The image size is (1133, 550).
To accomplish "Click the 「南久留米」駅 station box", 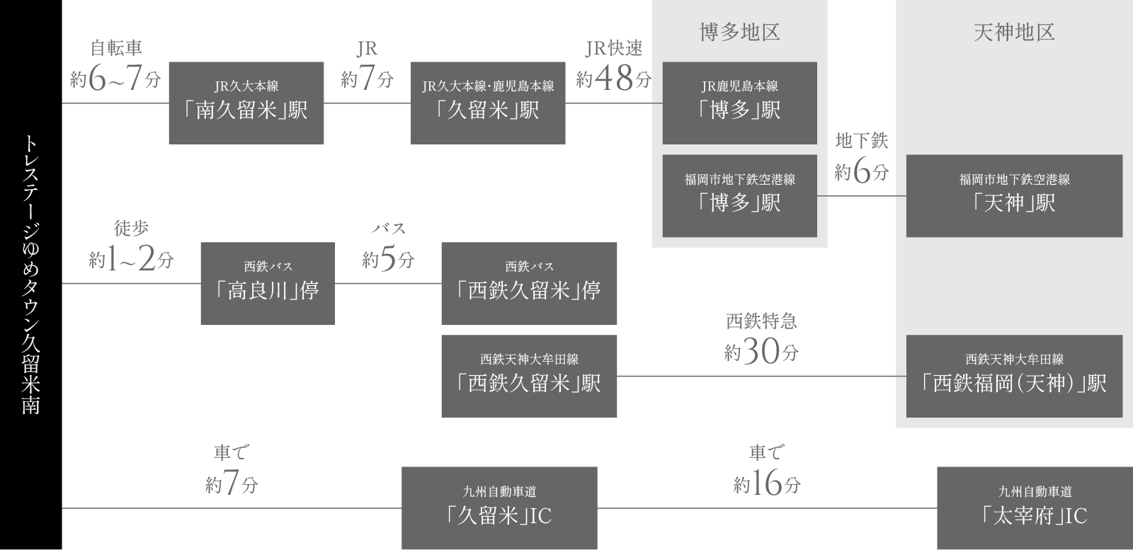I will [x=246, y=103].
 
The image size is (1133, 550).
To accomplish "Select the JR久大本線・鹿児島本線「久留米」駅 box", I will [x=488, y=103].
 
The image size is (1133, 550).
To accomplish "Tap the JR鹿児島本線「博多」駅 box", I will [x=739, y=103].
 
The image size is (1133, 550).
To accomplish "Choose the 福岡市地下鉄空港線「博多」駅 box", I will [x=739, y=196].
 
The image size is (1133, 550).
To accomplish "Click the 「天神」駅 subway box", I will [x=1014, y=196].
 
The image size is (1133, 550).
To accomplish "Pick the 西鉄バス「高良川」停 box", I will [x=267, y=284].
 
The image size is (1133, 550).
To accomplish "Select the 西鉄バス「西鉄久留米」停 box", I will [x=528, y=284].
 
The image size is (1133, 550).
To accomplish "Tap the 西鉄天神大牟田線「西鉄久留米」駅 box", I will [x=528, y=376].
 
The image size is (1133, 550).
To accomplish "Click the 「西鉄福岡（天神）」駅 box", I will [x=1014, y=376].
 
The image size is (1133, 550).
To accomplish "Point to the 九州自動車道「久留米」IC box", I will [x=499, y=508].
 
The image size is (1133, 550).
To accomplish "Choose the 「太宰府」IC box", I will [x=1034, y=508].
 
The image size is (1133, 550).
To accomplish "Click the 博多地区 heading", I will [x=739, y=33].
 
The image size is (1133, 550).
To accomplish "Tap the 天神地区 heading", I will [x=1014, y=33].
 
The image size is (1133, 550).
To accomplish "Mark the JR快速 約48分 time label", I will [x=613, y=66].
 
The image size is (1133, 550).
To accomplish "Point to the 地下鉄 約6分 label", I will [x=861, y=157].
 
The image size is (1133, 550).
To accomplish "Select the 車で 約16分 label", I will [x=766, y=469].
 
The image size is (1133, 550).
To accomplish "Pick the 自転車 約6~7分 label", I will [x=115, y=66].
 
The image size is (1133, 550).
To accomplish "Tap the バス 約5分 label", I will [x=388, y=246].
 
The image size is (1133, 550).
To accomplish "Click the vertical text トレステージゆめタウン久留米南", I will [x=30, y=274].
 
